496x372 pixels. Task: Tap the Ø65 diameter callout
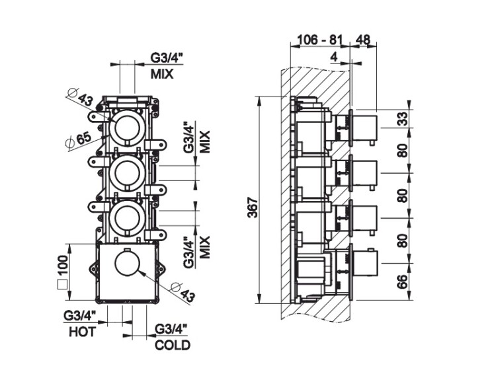pyautogui.click(x=77, y=139)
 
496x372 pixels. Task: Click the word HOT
pyautogui.click(x=82, y=332)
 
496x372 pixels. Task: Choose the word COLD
pyautogui.click(x=172, y=345)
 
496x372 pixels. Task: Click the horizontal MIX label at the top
pyautogui.click(x=161, y=74)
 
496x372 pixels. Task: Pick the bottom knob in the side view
pyautogui.click(x=364, y=263)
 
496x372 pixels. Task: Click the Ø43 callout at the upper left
pyautogui.click(x=81, y=100)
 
